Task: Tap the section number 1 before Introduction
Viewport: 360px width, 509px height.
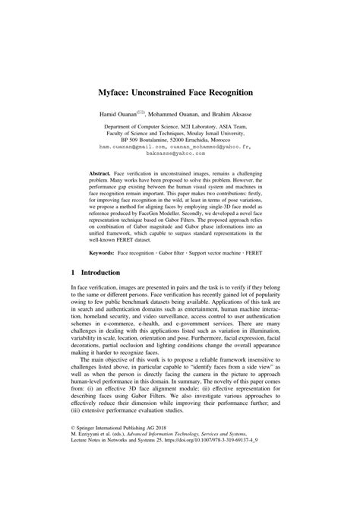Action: coord(72,292)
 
